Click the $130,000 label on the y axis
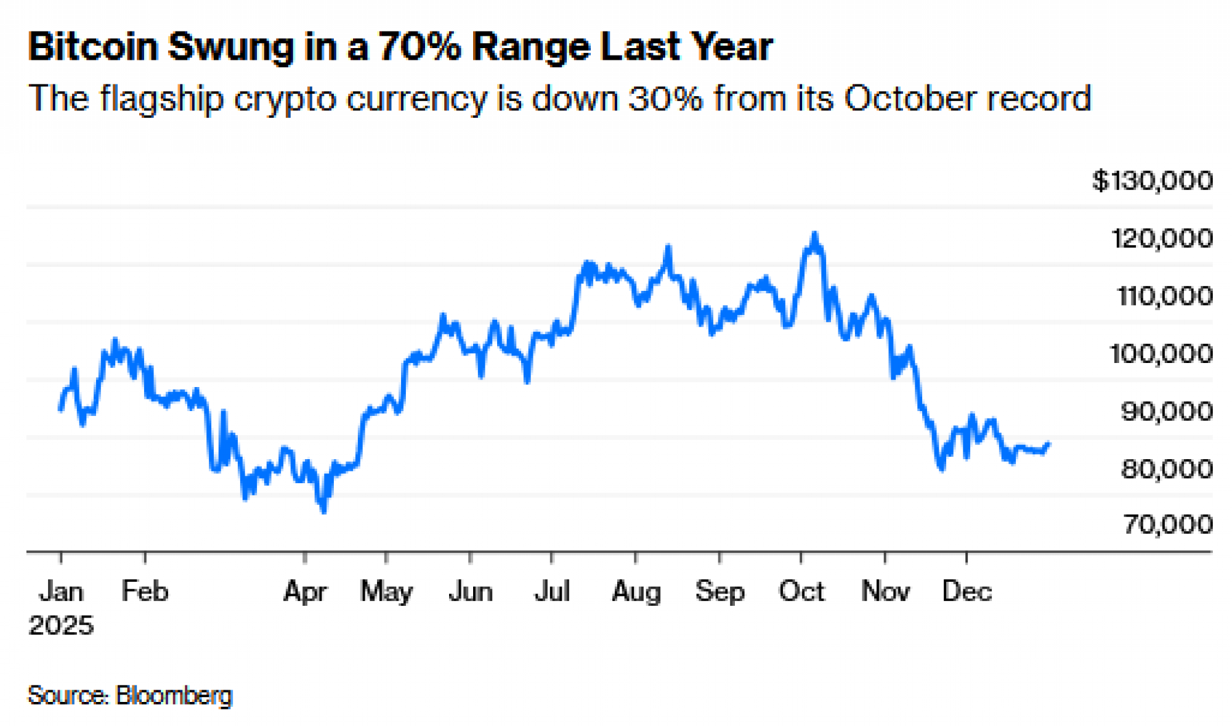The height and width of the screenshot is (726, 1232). click(1152, 181)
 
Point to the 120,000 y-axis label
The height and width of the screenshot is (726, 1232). click(1162, 239)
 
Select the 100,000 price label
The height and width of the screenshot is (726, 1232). click(1161, 354)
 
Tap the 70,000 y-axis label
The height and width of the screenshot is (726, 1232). click(1167, 524)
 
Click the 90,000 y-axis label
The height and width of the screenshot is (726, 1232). click(1167, 411)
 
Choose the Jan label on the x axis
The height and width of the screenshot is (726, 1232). click(61, 592)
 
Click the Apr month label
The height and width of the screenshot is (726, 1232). click(305, 592)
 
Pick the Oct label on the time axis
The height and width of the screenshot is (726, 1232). click(801, 592)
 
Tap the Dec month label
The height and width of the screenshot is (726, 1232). click(967, 592)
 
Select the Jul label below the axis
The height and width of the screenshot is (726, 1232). click(551, 592)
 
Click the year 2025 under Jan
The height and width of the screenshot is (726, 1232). click(61, 626)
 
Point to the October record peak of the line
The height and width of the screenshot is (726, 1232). click(814, 235)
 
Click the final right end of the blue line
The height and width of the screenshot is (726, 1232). click(1048, 444)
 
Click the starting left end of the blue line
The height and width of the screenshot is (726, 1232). click(60, 409)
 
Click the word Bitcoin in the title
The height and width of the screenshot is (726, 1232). click(92, 47)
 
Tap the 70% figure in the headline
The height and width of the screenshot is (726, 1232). click(419, 47)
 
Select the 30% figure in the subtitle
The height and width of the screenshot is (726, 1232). click(665, 99)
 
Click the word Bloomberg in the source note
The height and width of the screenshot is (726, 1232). click(174, 695)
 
